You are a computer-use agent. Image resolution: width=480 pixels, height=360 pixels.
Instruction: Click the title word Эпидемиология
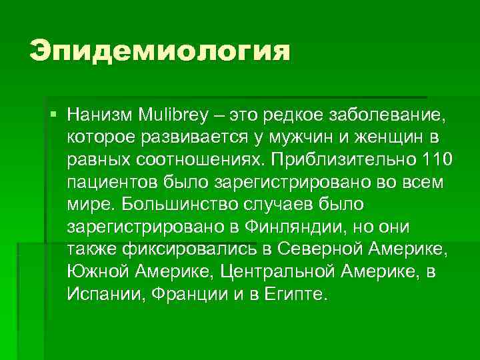pyautogui.click(x=160, y=51)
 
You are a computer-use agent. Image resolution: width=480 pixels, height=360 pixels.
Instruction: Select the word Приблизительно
pyautogui.click(x=343, y=160)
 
